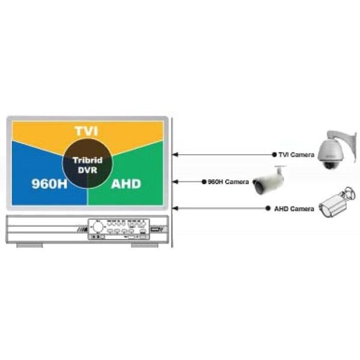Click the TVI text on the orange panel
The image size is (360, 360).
86,131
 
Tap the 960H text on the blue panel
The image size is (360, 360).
50,184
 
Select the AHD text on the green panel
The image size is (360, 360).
126,184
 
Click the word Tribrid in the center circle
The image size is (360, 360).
88,160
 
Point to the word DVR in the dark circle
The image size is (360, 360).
88,170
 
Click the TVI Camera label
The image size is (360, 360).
296,155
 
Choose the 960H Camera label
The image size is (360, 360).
228,182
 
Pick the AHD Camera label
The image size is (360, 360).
294,209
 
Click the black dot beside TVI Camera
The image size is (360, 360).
274,155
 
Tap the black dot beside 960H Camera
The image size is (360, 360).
204,182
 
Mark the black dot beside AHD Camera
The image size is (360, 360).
268,208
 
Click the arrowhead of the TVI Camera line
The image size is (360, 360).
175,155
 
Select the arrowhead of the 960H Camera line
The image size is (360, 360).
175,182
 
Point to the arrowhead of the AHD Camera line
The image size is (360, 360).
175,208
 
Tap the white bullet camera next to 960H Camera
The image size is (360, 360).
269,180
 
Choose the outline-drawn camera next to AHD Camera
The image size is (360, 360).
337,202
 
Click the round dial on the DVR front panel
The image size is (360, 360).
98,227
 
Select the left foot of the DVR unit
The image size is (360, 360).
29,245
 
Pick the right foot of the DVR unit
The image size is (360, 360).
145,245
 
